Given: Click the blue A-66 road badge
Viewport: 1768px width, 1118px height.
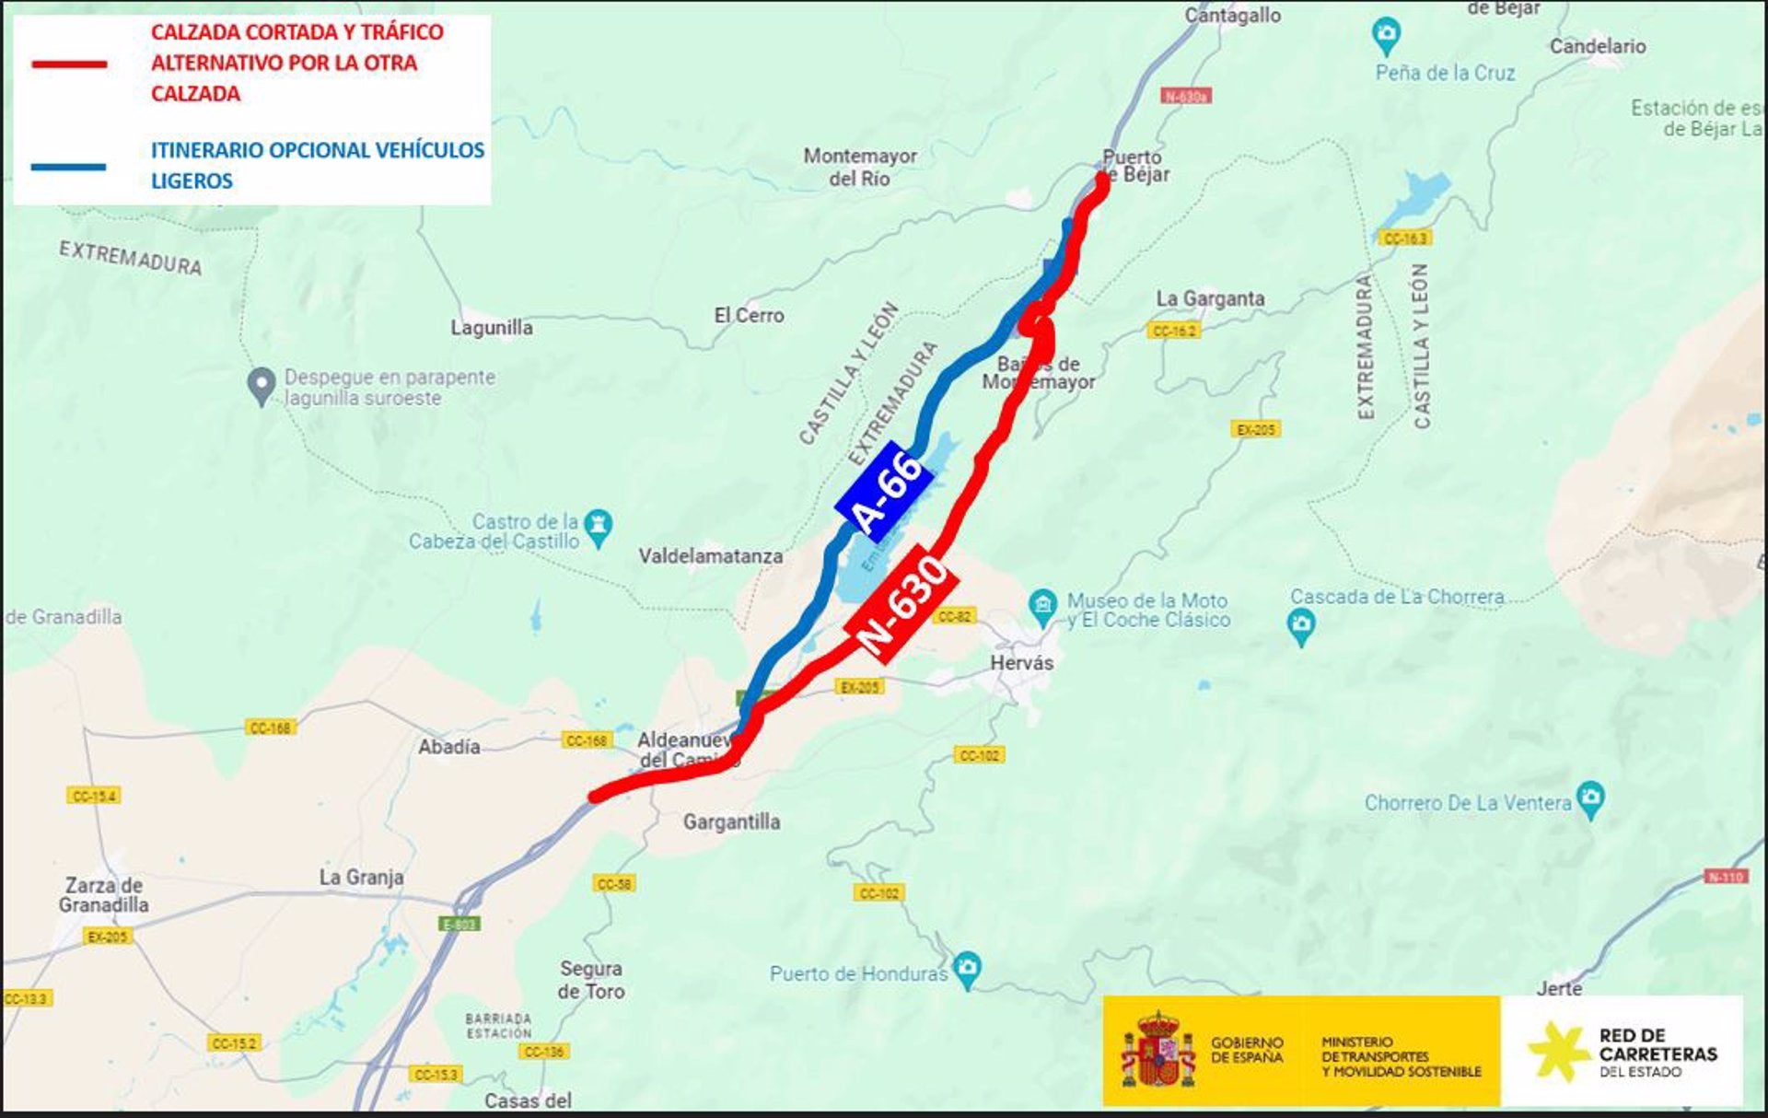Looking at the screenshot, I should tap(884, 491).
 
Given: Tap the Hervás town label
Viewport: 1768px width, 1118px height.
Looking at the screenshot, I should tap(1021, 662).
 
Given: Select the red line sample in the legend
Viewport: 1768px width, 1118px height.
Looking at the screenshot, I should tap(69, 64).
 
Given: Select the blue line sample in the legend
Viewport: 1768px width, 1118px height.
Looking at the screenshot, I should tap(69, 167).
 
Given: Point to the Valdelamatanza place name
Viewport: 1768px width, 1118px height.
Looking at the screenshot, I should tap(710, 556).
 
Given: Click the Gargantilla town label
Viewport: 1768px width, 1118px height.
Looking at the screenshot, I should tap(731, 821).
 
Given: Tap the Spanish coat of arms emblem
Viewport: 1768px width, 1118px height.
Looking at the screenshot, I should tap(1157, 1050).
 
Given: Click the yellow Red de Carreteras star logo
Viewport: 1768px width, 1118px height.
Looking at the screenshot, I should tap(1558, 1052).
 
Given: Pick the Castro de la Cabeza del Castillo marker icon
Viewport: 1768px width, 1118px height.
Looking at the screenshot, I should tap(599, 528).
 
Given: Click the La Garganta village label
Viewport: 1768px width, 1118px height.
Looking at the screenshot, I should tap(1210, 298).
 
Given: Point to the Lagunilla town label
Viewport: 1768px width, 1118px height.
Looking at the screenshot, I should tap(491, 328).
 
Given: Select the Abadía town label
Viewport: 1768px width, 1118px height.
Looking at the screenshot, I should tap(448, 747).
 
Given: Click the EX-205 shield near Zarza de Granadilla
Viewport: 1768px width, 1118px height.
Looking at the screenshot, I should tap(108, 937).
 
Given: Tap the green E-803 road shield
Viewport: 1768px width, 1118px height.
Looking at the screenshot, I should tap(459, 924).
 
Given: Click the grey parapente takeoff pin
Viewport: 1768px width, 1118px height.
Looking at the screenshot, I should tap(262, 386).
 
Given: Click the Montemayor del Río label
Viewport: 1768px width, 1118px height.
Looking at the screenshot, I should tap(859, 167).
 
